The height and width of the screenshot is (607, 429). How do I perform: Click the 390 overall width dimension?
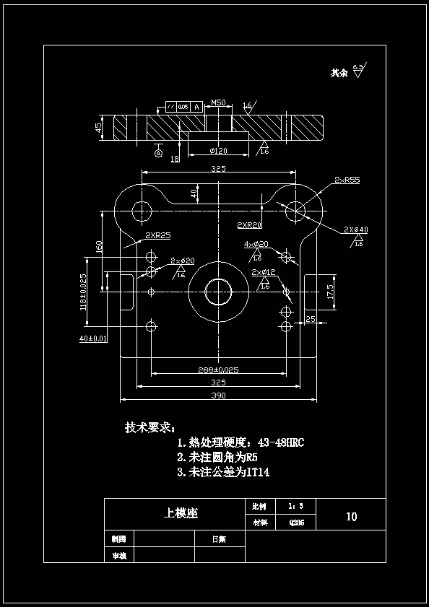(218, 396)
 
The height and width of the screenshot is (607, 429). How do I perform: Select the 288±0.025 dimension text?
(218, 370)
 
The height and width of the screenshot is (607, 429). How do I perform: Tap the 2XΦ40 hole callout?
(355, 230)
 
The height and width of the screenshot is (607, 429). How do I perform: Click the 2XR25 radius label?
(157, 235)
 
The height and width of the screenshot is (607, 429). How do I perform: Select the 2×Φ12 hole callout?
(264, 271)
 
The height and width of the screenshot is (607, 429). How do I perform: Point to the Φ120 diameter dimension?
(218, 151)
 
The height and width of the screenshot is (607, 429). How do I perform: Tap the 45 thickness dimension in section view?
(98, 127)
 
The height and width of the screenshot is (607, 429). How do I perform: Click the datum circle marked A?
(159, 152)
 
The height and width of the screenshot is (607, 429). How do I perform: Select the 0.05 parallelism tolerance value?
(183, 107)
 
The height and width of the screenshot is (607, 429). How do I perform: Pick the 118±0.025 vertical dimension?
(84, 292)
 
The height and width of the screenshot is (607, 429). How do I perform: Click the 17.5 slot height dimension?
(330, 292)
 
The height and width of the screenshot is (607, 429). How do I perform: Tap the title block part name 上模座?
(181, 513)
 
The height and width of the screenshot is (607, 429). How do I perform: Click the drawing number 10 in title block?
(351, 517)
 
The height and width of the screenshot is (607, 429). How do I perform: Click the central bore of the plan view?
(218, 291)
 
